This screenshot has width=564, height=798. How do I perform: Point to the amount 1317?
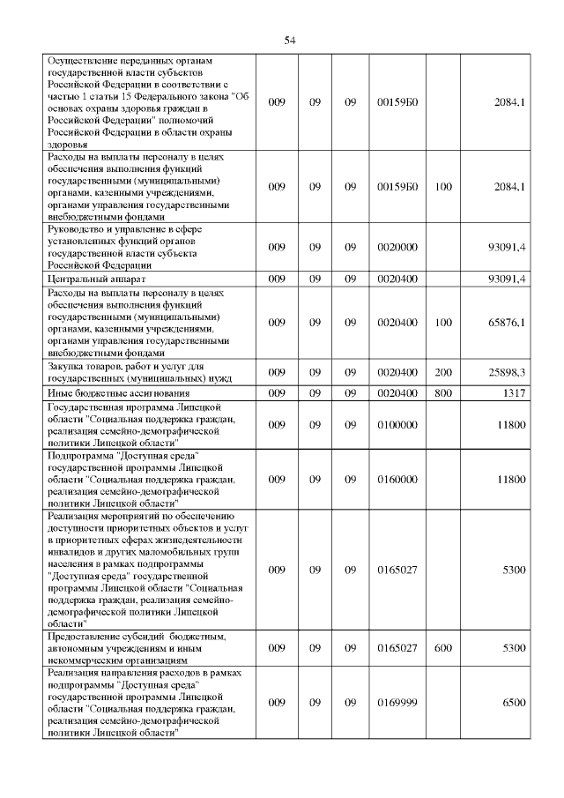(512, 392)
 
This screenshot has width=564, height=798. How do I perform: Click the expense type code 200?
(443, 372)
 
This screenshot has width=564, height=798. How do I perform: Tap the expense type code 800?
(443, 392)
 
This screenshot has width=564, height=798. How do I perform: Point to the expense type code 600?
(443, 647)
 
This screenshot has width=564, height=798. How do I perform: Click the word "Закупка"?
(66, 366)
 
